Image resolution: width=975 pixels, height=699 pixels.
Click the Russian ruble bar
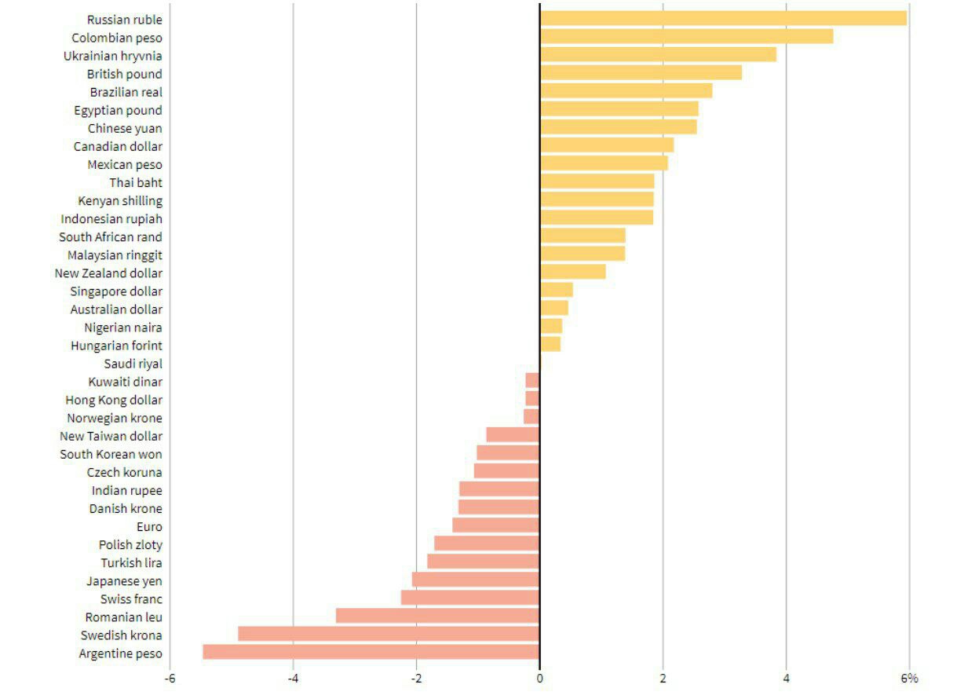click(723, 18)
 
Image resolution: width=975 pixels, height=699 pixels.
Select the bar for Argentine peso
click(371, 652)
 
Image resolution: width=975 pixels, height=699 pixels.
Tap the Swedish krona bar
click(389, 634)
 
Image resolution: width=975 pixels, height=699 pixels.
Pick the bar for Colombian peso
click(686, 36)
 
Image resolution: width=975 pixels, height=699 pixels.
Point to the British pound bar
click(641, 73)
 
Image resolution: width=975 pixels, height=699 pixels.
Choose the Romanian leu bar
click(437, 616)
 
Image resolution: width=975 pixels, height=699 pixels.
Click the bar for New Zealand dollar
click(572, 272)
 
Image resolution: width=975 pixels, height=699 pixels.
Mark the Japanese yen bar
click(476, 580)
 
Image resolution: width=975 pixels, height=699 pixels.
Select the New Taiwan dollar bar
click(513, 435)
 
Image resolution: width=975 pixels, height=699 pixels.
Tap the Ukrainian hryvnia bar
click(658, 55)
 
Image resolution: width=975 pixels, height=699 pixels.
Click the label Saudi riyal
click(133, 364)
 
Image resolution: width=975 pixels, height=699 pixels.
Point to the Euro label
click(149, 526)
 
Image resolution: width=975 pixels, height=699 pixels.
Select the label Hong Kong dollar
click(115, 400)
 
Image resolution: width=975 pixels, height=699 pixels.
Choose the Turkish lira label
click(131, 562)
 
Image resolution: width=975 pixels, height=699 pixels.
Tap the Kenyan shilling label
click(120, 201)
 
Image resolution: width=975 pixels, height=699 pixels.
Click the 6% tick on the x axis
click(909, 678)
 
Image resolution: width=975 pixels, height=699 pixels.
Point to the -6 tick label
click(169, 678)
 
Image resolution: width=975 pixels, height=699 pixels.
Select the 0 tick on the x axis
click(539, 678)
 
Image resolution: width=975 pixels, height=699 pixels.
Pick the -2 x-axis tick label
click(415, 678)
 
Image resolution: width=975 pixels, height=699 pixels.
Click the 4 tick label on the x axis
click(786, 678)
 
